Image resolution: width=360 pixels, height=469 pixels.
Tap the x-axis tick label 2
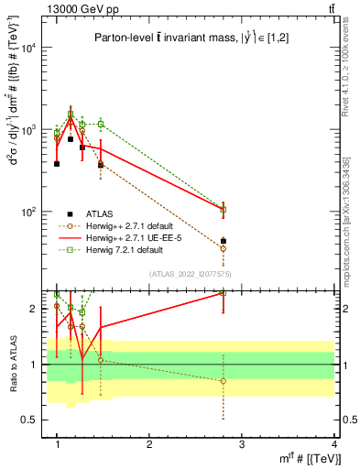coord(149,444)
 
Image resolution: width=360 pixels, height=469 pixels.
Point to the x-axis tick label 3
coord(242,444)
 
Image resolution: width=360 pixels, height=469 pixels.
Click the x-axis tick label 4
coord(334,444)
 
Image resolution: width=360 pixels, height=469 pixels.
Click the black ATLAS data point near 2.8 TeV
coord(224,241)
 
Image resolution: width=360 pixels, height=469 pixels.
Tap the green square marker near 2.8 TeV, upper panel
coord(224,210)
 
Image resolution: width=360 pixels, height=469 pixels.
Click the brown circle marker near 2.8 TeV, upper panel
coord(224,248)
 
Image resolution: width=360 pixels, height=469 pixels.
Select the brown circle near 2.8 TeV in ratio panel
coord(224,381)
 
